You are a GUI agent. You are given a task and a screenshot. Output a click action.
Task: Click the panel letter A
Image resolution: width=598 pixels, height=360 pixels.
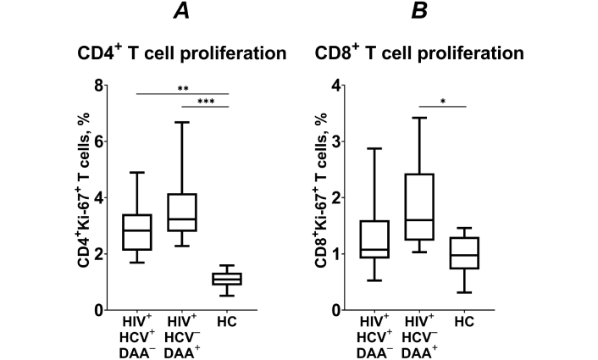point(181,13)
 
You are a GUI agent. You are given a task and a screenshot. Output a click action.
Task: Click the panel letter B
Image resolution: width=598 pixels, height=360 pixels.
point(421,13)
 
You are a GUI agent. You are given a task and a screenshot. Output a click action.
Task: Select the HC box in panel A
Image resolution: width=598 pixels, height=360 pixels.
point(227,279)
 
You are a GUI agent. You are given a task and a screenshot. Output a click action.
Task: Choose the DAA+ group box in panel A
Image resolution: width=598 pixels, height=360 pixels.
point(181,213)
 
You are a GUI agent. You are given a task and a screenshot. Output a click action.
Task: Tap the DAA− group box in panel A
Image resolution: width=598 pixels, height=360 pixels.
point(136,233)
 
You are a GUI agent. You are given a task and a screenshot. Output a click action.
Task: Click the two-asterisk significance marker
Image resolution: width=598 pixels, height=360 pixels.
point(181,86)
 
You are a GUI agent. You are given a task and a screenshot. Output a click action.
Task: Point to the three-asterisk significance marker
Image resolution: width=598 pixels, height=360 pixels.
point(205,101)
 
